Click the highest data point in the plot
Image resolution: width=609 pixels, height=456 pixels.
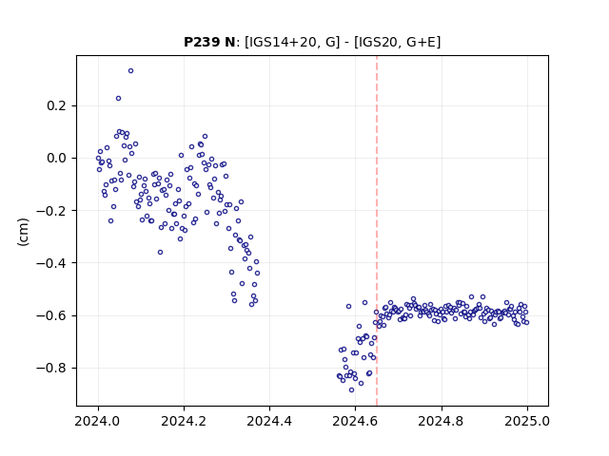pyautogui.click(x=131, y=71)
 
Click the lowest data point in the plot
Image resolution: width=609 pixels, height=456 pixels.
pyautogui.click(x=351, y=390)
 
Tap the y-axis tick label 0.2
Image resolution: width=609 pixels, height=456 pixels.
pyautogui.click(x=56, y=105)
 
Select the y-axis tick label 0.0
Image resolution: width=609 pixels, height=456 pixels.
pyautogui.click(x=56, y=159)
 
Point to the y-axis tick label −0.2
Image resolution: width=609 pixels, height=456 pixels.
pyautogui.click(x=51, y=211)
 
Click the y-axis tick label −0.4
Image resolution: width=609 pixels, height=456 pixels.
pyautogui.click(x=51, y=263)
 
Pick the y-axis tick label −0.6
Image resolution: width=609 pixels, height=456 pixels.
pyautogui.click(x=51, y=315)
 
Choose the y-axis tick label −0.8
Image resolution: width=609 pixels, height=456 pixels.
pyautogui.click(x=51, y=368)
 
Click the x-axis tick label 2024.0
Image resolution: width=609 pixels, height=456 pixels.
pyautogui.click(x=98, y=421)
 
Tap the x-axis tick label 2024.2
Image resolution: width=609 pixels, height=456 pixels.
pyautogui.click(x=184, y=421)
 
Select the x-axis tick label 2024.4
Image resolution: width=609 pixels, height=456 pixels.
pyautogui.click(x=269, y=421)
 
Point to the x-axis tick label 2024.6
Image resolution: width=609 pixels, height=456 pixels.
pyautogui.click(x=355, y=421)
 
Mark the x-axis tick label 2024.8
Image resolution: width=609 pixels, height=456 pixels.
pyautogui.click(x=442, y=421)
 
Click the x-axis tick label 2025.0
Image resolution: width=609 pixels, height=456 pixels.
pyautogui.click(x=527, y=421)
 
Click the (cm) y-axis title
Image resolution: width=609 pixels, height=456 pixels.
pyautogui.click(x=23, y=232)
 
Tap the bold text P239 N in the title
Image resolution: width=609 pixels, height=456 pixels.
pyautogui.click(x=209, y=42)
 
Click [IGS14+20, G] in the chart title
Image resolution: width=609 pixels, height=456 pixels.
pyautogui.click(x=292, y=42)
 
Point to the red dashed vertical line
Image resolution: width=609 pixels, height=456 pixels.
pyautogui.click(x=377, y=231)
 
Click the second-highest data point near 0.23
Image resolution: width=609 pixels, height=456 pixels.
pyautogui.click(x=118, y=99)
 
